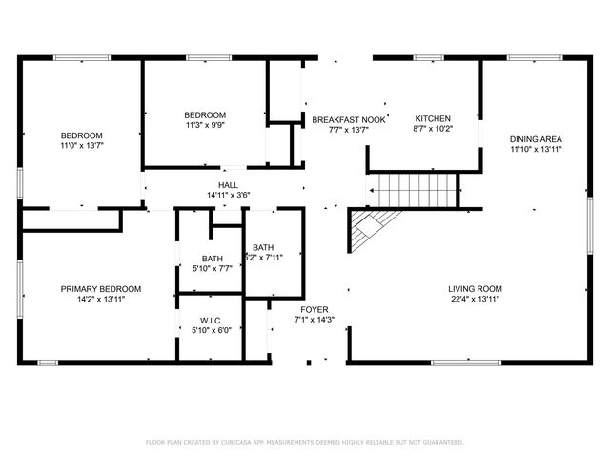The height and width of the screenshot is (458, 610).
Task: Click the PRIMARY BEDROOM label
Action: point(101,289)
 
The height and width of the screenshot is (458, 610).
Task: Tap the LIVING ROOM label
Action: point(475,289)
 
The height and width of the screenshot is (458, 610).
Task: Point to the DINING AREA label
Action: point(535,139)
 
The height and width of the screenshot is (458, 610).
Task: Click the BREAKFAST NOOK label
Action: point(348,119)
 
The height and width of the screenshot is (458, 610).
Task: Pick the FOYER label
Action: point(315,309)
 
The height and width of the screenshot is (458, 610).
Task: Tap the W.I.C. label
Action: point(211,320)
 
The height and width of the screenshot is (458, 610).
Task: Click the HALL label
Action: point(228,185)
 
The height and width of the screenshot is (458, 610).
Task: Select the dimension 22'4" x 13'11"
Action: point(475,299)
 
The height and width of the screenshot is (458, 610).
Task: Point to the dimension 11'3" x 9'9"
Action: point(205,125)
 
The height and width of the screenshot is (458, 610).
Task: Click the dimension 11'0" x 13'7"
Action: point(81,145)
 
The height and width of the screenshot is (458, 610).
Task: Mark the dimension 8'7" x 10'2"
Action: point(432,129)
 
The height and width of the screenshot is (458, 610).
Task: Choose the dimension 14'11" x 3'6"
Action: point(228,195)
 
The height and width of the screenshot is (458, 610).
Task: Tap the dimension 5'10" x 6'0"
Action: point(211,330)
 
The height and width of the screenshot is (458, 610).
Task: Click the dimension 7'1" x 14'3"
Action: point(315,320)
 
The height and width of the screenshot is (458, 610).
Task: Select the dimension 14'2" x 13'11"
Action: point(101,299)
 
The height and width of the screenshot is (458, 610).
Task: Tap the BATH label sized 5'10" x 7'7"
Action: point(212,259)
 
